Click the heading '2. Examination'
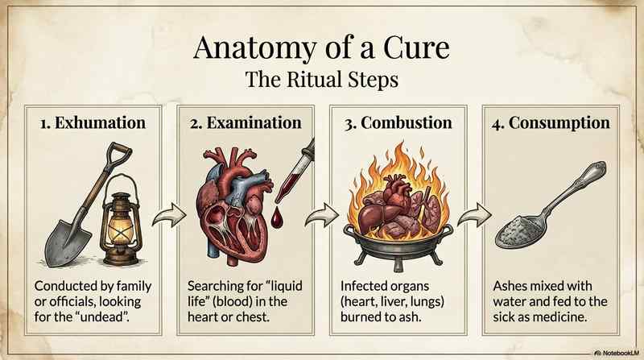(x=246, y=124)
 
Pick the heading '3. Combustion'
(x=396, y=124)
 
